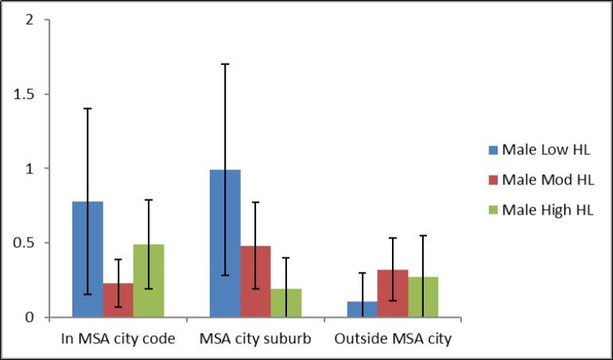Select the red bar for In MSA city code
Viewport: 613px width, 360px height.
coord(118,300)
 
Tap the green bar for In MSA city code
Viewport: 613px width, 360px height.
coord(148,281)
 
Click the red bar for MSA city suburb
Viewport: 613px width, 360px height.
coord(255,281)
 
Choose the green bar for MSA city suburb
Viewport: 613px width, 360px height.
coord(285,303)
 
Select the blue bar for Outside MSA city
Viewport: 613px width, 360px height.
coord(363,309)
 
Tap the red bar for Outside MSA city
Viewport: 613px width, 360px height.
coord(393,293)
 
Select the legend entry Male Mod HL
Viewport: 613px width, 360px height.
coord(541,181)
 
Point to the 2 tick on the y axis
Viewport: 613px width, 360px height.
coord(29,20)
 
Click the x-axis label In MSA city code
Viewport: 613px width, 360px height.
coord(117,339)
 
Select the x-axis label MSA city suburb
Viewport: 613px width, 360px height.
coord(255,339)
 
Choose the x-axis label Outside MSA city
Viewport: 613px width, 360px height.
coord(393,339)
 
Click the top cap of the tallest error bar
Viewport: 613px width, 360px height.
coord(225,64)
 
